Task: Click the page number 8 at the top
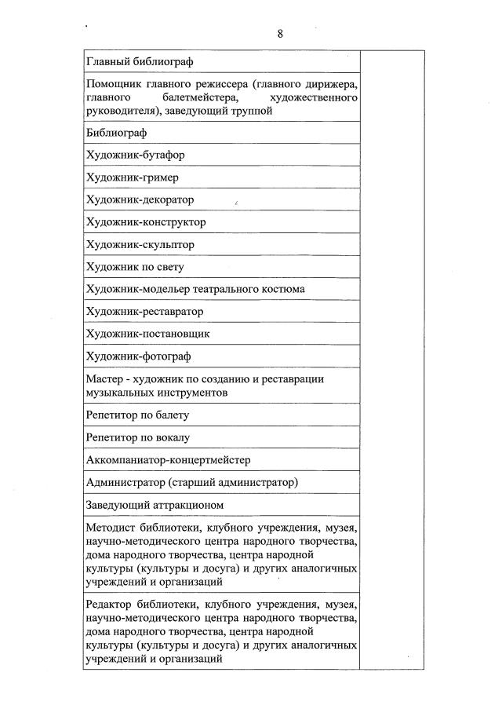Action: point(280,33)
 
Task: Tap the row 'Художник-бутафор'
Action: point(135,155)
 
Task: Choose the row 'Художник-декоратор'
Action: point(140,199)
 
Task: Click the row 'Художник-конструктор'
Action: point(145,222)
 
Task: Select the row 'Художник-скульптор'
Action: point(140,244)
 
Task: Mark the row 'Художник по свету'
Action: point(134,267)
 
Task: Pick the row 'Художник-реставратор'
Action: point(144,312)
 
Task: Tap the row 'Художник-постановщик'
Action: point(147,334)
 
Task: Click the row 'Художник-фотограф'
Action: point(138,356)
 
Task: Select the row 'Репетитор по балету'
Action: point(137,415)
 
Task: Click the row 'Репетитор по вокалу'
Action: point(137,437)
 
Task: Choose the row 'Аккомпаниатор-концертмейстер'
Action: point(168,459)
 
